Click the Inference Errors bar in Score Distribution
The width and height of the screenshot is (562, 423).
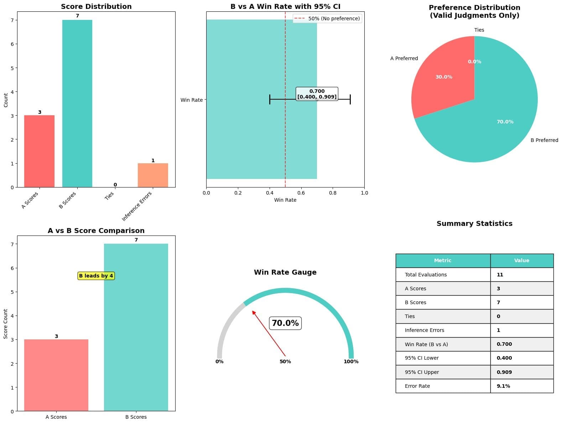click(x=153, y=175)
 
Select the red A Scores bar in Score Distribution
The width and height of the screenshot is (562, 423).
click(x=39, y=151)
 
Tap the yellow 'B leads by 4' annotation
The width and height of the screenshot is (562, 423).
click(x=96, y=276)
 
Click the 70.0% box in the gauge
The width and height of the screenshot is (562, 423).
click(x=285, y=323)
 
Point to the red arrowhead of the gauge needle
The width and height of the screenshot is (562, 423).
click(x=254, y=312)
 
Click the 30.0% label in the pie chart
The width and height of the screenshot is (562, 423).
click(x=444, y=77)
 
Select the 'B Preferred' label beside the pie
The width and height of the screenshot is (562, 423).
click(x=544, y=140)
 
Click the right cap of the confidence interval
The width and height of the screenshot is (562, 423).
click(x=350, y=99)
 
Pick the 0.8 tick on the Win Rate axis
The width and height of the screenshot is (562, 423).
click(x=333, y=193)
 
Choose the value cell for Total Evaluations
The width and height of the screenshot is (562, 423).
click(x=521, y=275)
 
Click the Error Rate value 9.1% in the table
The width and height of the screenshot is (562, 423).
click(x=503, y=386)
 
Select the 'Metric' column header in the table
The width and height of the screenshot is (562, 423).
click(x=443, y=261)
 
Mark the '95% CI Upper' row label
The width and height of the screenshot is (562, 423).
click(x=422, y=372)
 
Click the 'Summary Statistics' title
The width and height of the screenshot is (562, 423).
click(x=474, y=223)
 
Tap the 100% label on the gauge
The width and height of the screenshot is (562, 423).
click(x=351, y=361)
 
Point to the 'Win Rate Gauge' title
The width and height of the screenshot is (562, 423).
click(x=285, y=272)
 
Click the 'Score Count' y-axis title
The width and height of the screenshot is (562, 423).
click(x=5, y=324)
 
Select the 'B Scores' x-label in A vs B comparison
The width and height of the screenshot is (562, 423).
click(x=136, y=417)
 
